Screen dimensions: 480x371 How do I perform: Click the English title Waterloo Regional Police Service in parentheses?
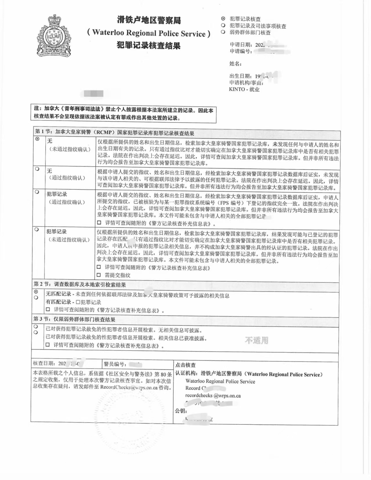(149, 33)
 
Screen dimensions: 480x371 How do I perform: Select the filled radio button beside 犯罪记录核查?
(223, 19)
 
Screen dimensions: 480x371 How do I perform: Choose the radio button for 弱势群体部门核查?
(223, 32)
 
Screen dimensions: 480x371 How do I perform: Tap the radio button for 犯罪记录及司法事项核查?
(223, 26)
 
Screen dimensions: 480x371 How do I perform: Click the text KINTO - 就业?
(244, 89)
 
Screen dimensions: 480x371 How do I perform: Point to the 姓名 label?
(235, 63)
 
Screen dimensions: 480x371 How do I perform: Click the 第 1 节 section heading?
(114, 133)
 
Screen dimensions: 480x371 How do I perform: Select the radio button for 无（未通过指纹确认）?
(37, 139)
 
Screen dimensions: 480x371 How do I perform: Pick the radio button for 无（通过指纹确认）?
(37, 168)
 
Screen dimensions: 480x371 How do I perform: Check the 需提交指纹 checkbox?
(99, 274)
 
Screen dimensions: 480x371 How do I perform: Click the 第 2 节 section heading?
(79, 285)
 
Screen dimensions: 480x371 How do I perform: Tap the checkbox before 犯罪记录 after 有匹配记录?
(78, 302)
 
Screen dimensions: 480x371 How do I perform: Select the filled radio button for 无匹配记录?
(36, 292)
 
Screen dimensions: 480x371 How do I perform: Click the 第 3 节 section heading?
(74, 319)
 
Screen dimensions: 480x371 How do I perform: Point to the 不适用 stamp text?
(257, 340)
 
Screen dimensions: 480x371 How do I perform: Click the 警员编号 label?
(115, 364)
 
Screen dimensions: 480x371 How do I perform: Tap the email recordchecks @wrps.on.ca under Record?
(213, 396)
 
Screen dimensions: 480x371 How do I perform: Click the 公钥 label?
(181, 411)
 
